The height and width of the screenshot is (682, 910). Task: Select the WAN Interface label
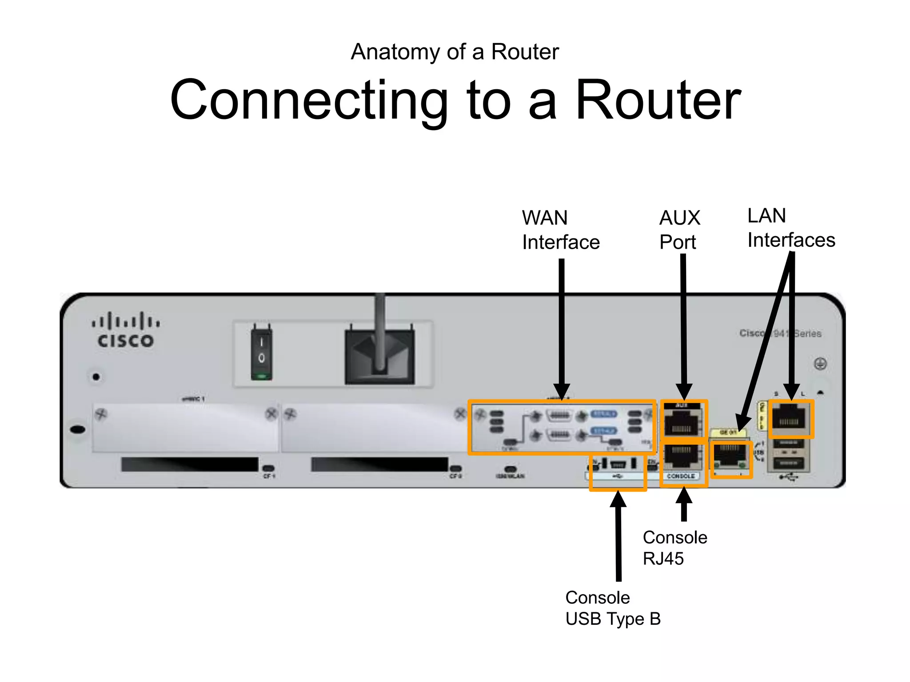[x=560, y=230]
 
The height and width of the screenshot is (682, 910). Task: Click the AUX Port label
[x=679, y=230]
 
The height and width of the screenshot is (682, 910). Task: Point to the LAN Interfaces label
[x=791, y=228]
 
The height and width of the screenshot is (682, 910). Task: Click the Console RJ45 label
[x=674, y=548]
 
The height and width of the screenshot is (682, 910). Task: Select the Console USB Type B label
[x=613, y=608]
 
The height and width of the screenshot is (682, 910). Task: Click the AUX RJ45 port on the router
[x=682, y=422]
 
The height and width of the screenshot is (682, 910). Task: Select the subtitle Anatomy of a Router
[x=455, y=52]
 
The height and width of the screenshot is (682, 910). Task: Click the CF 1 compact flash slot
[x=190, y=464]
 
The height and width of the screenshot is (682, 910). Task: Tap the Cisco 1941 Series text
[x=780, y=333]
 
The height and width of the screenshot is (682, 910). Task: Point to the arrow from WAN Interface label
[x=562, y=329]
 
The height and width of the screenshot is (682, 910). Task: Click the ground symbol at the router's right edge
[x=820, y=364]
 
